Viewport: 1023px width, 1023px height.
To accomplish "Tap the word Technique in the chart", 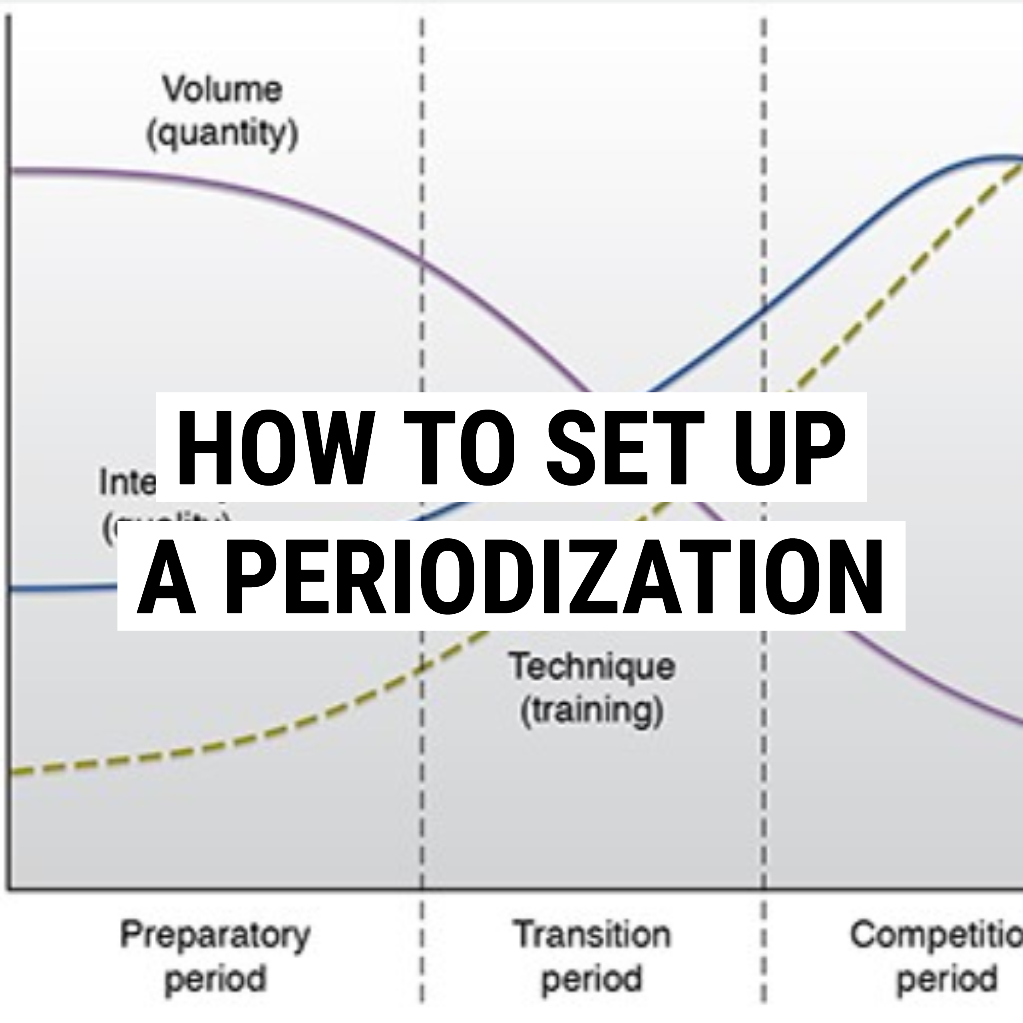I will pyautogui.click(x=592, y=666).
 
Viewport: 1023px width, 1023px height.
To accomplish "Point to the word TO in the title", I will pyautogui.click(x=460, y=448).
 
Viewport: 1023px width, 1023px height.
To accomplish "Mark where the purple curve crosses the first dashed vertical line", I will pyautogui.click(x=422, y=259).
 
